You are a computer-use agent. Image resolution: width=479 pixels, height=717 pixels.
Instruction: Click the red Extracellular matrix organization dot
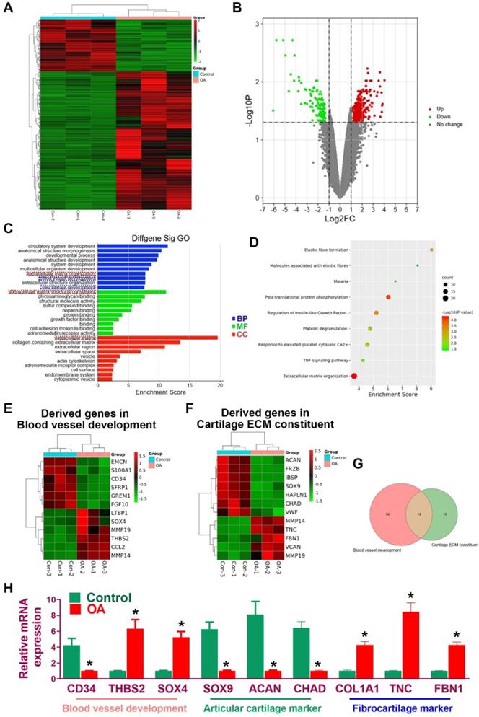pyautogui.click(x=353, y=376)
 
